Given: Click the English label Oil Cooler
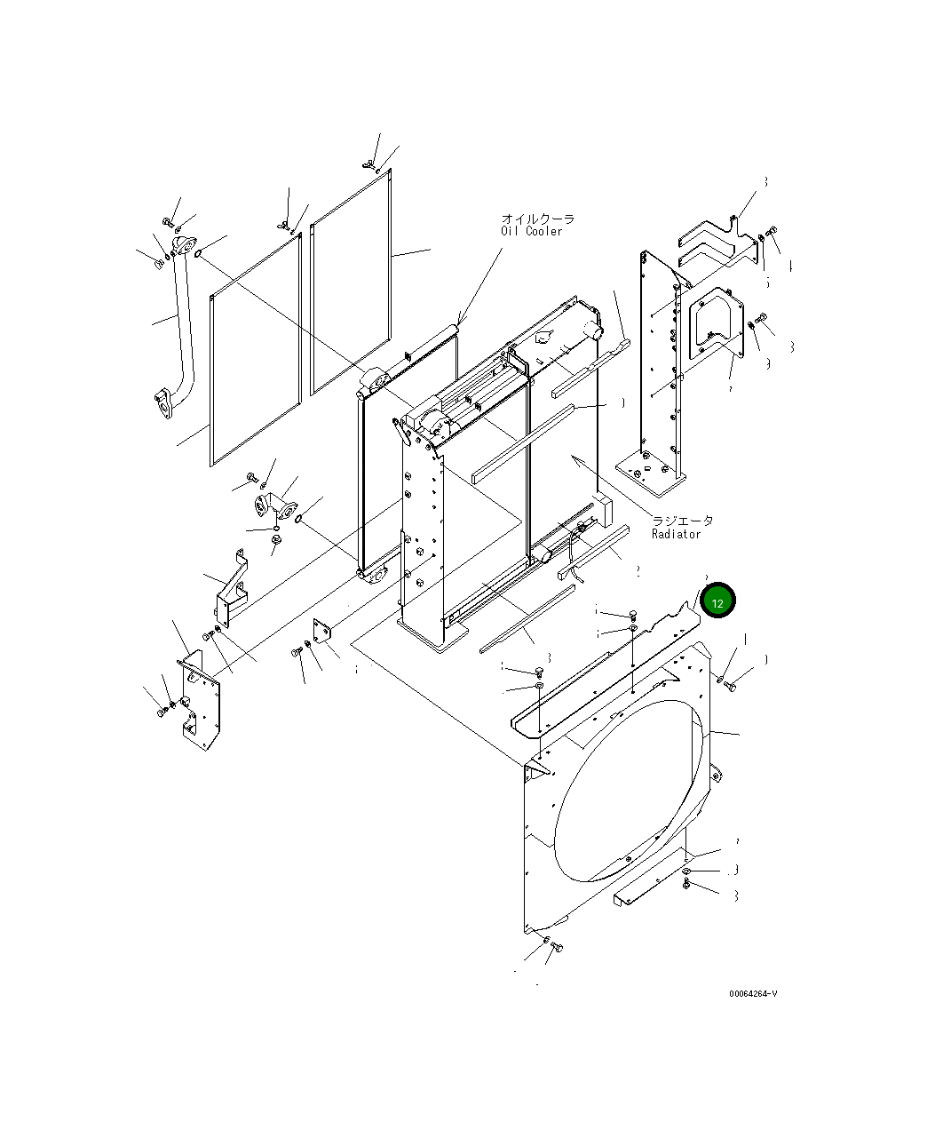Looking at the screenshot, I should (531, 232).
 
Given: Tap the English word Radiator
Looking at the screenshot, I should (676, 534).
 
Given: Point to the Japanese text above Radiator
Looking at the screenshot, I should (682, 521).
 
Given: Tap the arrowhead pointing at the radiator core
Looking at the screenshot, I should (574, 458).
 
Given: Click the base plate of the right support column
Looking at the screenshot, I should (651, 474).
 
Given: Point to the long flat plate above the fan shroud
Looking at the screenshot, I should (604, 675).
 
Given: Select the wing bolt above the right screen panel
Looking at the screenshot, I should (368, 164).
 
